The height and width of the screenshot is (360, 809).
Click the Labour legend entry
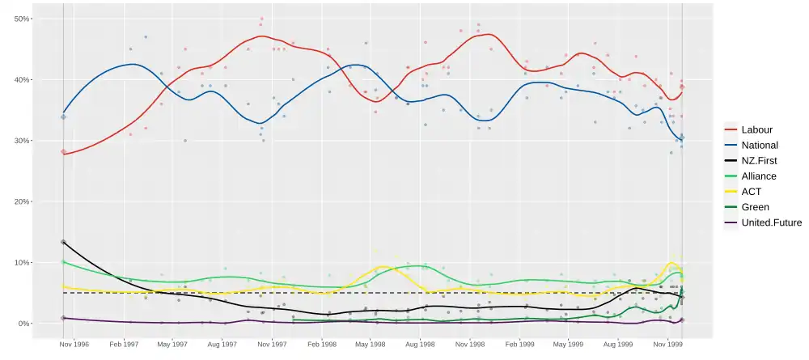pos(756,129)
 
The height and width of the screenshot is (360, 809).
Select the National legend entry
pos(759,145)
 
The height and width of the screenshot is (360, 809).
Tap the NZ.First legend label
pos(759,160)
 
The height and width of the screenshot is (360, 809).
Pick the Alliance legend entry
pos(758,176)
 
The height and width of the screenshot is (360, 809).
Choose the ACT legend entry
pos(751,192)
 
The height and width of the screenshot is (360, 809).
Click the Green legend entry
pos(755,207)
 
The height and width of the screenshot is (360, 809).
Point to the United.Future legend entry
pos(770,222)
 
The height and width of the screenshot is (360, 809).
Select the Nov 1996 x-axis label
pos(74,344)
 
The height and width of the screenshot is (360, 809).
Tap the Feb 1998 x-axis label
pos(320,344)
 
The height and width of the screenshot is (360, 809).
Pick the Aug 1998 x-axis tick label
pos(420,344)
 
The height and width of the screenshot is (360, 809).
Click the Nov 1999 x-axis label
pos(667,344)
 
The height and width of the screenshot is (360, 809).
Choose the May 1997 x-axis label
pos(172,344)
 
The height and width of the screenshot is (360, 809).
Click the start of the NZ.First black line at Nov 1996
pos(63,242)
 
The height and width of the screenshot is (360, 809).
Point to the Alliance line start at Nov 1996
pos(63,261)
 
